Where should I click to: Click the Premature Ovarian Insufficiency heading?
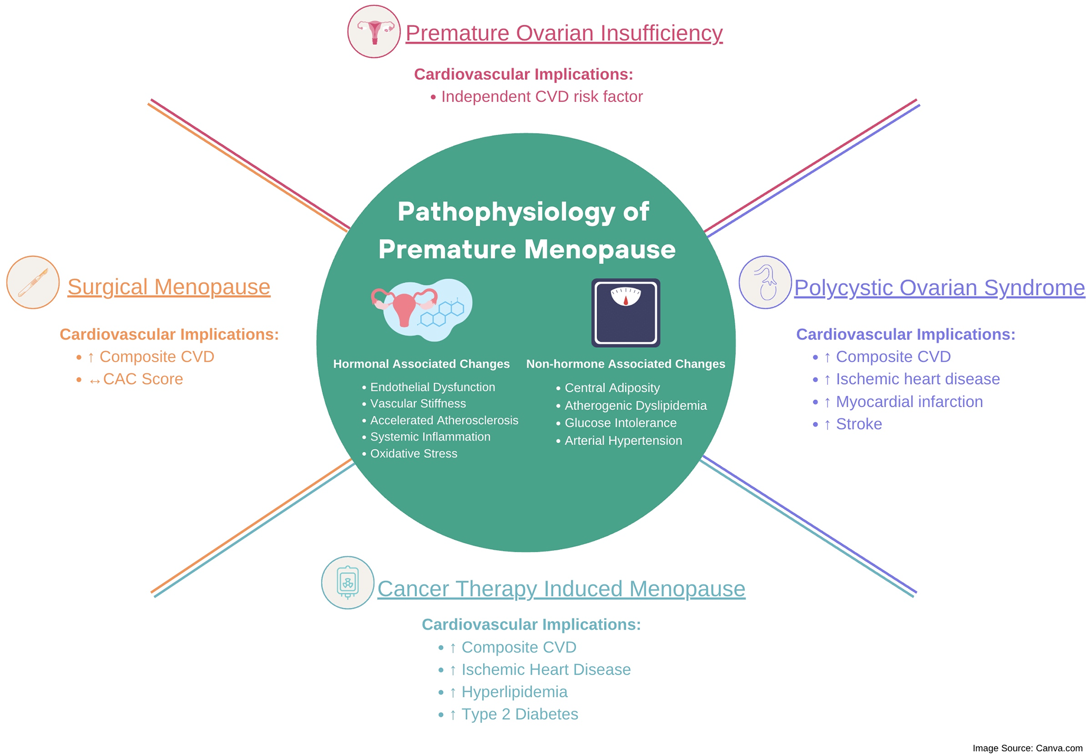(563, 33)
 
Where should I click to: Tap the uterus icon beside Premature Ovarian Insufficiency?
(374, 32)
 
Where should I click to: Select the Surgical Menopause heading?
(169, 287)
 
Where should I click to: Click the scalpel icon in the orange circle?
(33, 282)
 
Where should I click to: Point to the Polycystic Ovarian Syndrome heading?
(939, 288)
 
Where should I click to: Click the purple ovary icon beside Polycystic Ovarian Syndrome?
(765, 283)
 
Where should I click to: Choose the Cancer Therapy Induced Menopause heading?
(561, 589)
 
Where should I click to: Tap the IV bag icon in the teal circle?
(348, 582)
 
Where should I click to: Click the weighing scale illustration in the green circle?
(625, 313)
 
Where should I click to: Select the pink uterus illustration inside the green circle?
(404, 307)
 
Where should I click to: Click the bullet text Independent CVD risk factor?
(541, 97)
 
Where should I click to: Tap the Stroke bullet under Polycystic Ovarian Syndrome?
(858, 424)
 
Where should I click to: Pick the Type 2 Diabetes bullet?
(519, 714)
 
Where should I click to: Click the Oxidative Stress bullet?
(413, 454)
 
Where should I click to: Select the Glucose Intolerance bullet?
(620, 423)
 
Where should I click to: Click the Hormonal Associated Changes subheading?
(421, 364)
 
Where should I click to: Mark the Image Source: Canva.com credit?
(1027, 748)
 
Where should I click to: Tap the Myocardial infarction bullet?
(908, 402)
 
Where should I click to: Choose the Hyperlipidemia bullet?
(514, 692)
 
